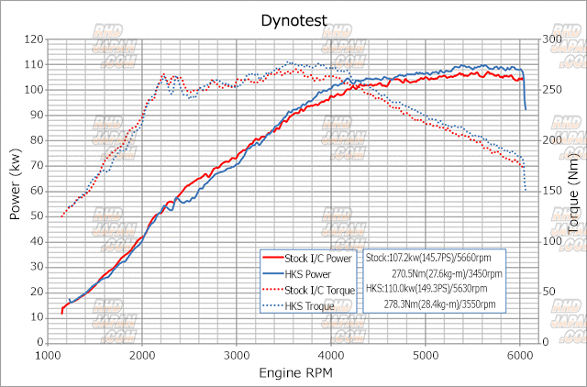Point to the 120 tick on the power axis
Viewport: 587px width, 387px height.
(x=34, y=39)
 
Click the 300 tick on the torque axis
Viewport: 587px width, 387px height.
(x=540, y=39)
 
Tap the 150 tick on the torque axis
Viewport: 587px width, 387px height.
(x=540, y=191)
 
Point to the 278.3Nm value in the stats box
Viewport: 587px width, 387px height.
(x=411, y=304)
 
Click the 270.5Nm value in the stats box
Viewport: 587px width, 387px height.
(x=411, y=273)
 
